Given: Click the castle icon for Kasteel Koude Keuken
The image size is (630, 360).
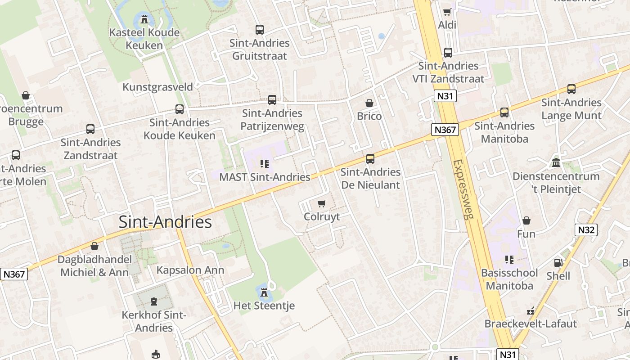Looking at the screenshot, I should (x=144, y=19).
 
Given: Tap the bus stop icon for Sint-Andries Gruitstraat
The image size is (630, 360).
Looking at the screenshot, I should (x=260, y=30).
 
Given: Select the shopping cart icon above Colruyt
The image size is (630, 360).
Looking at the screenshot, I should (x=321, y=204).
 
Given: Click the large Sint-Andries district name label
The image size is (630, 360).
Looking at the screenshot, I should (x=165, y=222).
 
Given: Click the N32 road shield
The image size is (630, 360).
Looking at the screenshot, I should (x=586, y=230).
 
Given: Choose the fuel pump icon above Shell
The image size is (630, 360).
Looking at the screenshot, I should (x=558, y=263).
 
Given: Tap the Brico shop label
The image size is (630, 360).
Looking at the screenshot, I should (x=369, y=116).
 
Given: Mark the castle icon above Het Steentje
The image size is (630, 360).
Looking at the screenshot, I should (x=264, y=293).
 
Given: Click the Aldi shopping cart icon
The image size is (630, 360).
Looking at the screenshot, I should (x=447, y=12).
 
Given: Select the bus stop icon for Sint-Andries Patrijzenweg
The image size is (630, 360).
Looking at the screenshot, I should (x=272, y=100).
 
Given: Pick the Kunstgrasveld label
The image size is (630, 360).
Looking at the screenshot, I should (x=157, y=87).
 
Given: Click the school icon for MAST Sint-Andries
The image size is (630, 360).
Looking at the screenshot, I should (x=264, y=164).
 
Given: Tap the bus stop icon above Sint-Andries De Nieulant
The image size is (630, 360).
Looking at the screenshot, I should (x=370, y=159).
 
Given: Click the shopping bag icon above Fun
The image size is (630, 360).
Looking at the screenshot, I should (x=526, y=220).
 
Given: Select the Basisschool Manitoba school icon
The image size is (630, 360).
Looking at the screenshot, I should (x=509, y=260).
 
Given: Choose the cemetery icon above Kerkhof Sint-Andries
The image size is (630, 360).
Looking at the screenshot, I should (x=154, y=301).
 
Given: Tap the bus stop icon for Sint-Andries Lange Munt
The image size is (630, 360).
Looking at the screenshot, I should (x=571, y=89).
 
